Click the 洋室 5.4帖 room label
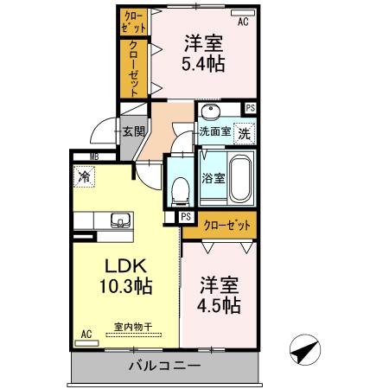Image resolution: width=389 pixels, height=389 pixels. point(203,54)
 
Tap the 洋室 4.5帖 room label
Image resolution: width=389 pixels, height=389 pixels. point(220,296)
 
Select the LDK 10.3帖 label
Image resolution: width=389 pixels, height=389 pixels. point(126,276)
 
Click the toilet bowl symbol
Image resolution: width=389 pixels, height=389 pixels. point(181,192)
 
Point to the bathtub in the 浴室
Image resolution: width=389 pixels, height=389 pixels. point(240,179)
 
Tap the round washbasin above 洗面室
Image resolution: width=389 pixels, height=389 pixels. point(210,112)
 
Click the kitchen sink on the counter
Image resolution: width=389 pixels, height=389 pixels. point(121,220)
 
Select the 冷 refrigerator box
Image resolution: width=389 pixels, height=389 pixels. point(84,176)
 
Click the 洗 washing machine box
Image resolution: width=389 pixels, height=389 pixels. point(245,133)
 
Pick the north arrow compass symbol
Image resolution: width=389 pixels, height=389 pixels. point(305,349)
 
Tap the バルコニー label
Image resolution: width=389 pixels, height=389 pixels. point(164,367)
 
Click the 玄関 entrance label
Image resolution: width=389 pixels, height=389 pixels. point(134,131)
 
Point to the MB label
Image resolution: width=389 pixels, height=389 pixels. point(94,157)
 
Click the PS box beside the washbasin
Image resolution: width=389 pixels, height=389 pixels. point(251,108)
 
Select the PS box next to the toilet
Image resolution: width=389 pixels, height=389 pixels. point(186,217)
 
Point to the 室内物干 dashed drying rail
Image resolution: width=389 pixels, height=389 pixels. point(133,335)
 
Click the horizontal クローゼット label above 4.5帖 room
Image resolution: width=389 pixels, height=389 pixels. point(227,226)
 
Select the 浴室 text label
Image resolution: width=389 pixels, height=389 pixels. point(214,178)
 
